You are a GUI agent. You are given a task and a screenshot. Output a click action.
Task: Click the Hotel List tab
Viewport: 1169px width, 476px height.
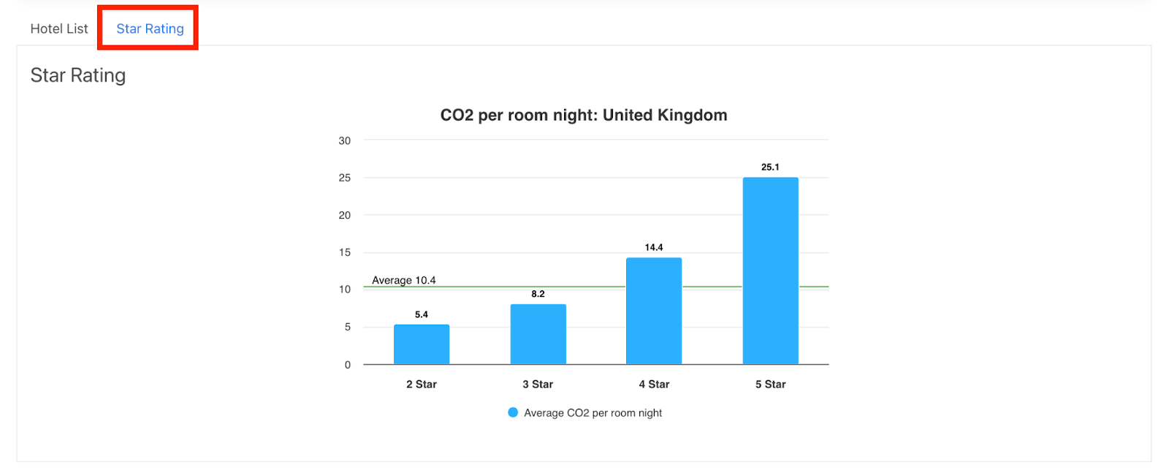(58, 29)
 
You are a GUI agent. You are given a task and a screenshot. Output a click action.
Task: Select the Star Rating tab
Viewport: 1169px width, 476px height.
(150, 29)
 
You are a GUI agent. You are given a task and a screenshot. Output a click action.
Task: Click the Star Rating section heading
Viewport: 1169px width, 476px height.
(78, 75)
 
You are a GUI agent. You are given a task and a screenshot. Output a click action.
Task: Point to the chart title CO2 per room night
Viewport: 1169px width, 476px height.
(583, 116)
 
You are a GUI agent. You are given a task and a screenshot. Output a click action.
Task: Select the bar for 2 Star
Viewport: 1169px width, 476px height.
(422, 344)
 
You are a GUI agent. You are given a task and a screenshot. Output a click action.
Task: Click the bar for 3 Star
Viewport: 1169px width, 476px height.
(538, 334)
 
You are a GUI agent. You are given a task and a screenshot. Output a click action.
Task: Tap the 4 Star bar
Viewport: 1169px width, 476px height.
(654, 311)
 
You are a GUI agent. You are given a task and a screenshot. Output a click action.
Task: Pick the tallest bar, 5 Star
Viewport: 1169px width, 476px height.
(770, 271)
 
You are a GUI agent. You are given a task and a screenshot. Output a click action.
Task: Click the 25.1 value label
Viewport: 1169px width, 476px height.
(770, 167)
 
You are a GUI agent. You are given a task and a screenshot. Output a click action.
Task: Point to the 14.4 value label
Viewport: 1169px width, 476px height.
(654, 248)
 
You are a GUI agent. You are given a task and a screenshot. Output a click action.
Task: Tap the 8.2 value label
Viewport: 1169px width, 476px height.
(538, 294)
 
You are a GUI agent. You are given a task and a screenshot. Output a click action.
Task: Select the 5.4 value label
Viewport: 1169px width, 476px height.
(422, 315)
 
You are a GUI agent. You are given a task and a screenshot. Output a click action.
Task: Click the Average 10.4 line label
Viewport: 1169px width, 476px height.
(403, 280)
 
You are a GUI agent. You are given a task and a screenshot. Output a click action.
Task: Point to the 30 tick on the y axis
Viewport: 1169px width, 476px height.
(345, 140)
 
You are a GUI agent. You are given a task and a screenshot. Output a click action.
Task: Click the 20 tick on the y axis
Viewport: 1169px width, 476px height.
(345, 215)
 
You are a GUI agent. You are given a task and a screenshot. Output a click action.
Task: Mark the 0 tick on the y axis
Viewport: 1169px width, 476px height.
(348, 365)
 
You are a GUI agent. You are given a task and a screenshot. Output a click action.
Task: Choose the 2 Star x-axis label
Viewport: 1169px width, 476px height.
(422, 385)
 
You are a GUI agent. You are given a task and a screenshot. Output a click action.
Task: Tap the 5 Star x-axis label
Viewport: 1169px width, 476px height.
(770, 385)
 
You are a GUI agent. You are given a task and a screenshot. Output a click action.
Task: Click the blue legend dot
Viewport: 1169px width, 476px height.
(513, 413)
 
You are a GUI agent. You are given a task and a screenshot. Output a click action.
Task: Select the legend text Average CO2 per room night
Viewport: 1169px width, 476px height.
(593, 413)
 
